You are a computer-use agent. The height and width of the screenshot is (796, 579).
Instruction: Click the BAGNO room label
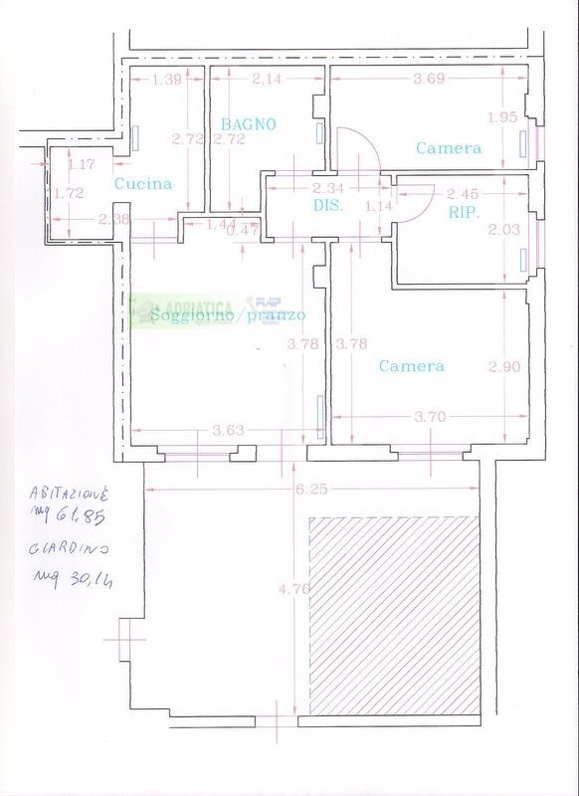click(x=249, y=124)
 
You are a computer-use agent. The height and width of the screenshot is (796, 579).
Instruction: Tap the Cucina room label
click(x=143, y=183)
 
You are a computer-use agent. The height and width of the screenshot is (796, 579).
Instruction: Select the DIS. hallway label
click(x=328, y=206)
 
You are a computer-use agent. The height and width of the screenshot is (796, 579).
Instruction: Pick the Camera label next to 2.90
click(x=412, y=366)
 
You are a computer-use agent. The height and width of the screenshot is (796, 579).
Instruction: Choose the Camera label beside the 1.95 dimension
click(x=449, y=148)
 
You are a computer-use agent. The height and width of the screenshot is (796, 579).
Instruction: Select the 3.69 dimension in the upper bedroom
click(x=429, y=79)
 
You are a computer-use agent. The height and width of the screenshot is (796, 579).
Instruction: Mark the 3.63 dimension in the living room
click(x=228, y=430)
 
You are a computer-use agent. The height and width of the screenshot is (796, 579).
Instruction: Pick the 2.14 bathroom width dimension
click(x=267, y=79)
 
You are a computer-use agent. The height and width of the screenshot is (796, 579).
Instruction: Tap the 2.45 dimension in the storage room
click(x=463, y=193)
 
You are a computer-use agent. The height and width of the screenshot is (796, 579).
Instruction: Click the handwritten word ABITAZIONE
click(x=70, y=493)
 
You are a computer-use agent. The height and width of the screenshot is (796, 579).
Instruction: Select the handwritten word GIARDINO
click(x=69, y=548)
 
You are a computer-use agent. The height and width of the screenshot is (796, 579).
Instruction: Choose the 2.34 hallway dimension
click(x=328, y=188)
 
